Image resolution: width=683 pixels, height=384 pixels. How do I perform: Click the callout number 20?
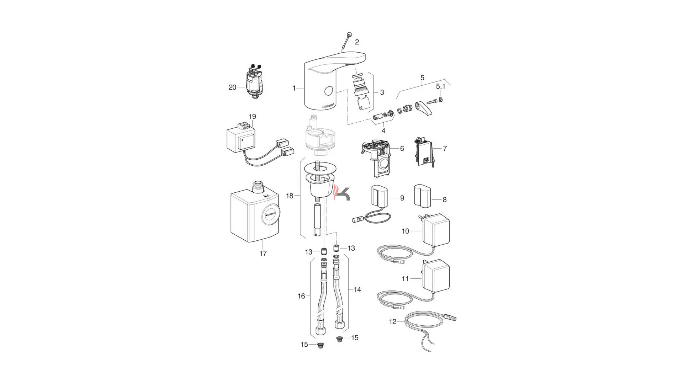(x=232, y=87)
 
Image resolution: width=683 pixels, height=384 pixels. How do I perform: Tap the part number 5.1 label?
(x=441, y=86)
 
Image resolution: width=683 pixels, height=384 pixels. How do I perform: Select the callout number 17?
(x=263, y=254)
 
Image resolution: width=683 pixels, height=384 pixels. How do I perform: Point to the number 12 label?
(x=392, y=322)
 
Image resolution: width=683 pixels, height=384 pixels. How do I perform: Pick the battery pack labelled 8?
(x=422, y=195)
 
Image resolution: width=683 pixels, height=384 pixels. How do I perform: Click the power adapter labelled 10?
(x=436, y=229)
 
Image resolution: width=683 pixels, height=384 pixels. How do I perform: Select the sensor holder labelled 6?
(x=376, y=158)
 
